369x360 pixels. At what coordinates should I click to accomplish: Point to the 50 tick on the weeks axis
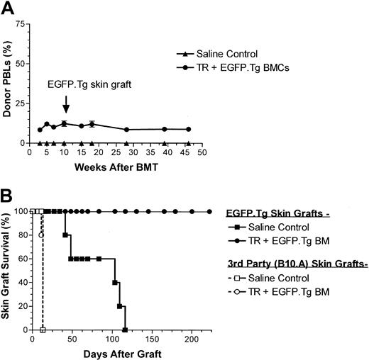coord(202,152)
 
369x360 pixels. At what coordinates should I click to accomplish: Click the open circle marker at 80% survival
coord(40,235)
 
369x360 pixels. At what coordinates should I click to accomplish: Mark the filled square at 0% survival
coord(125,330)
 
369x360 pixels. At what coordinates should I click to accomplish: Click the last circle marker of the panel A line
coord(187,129)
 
